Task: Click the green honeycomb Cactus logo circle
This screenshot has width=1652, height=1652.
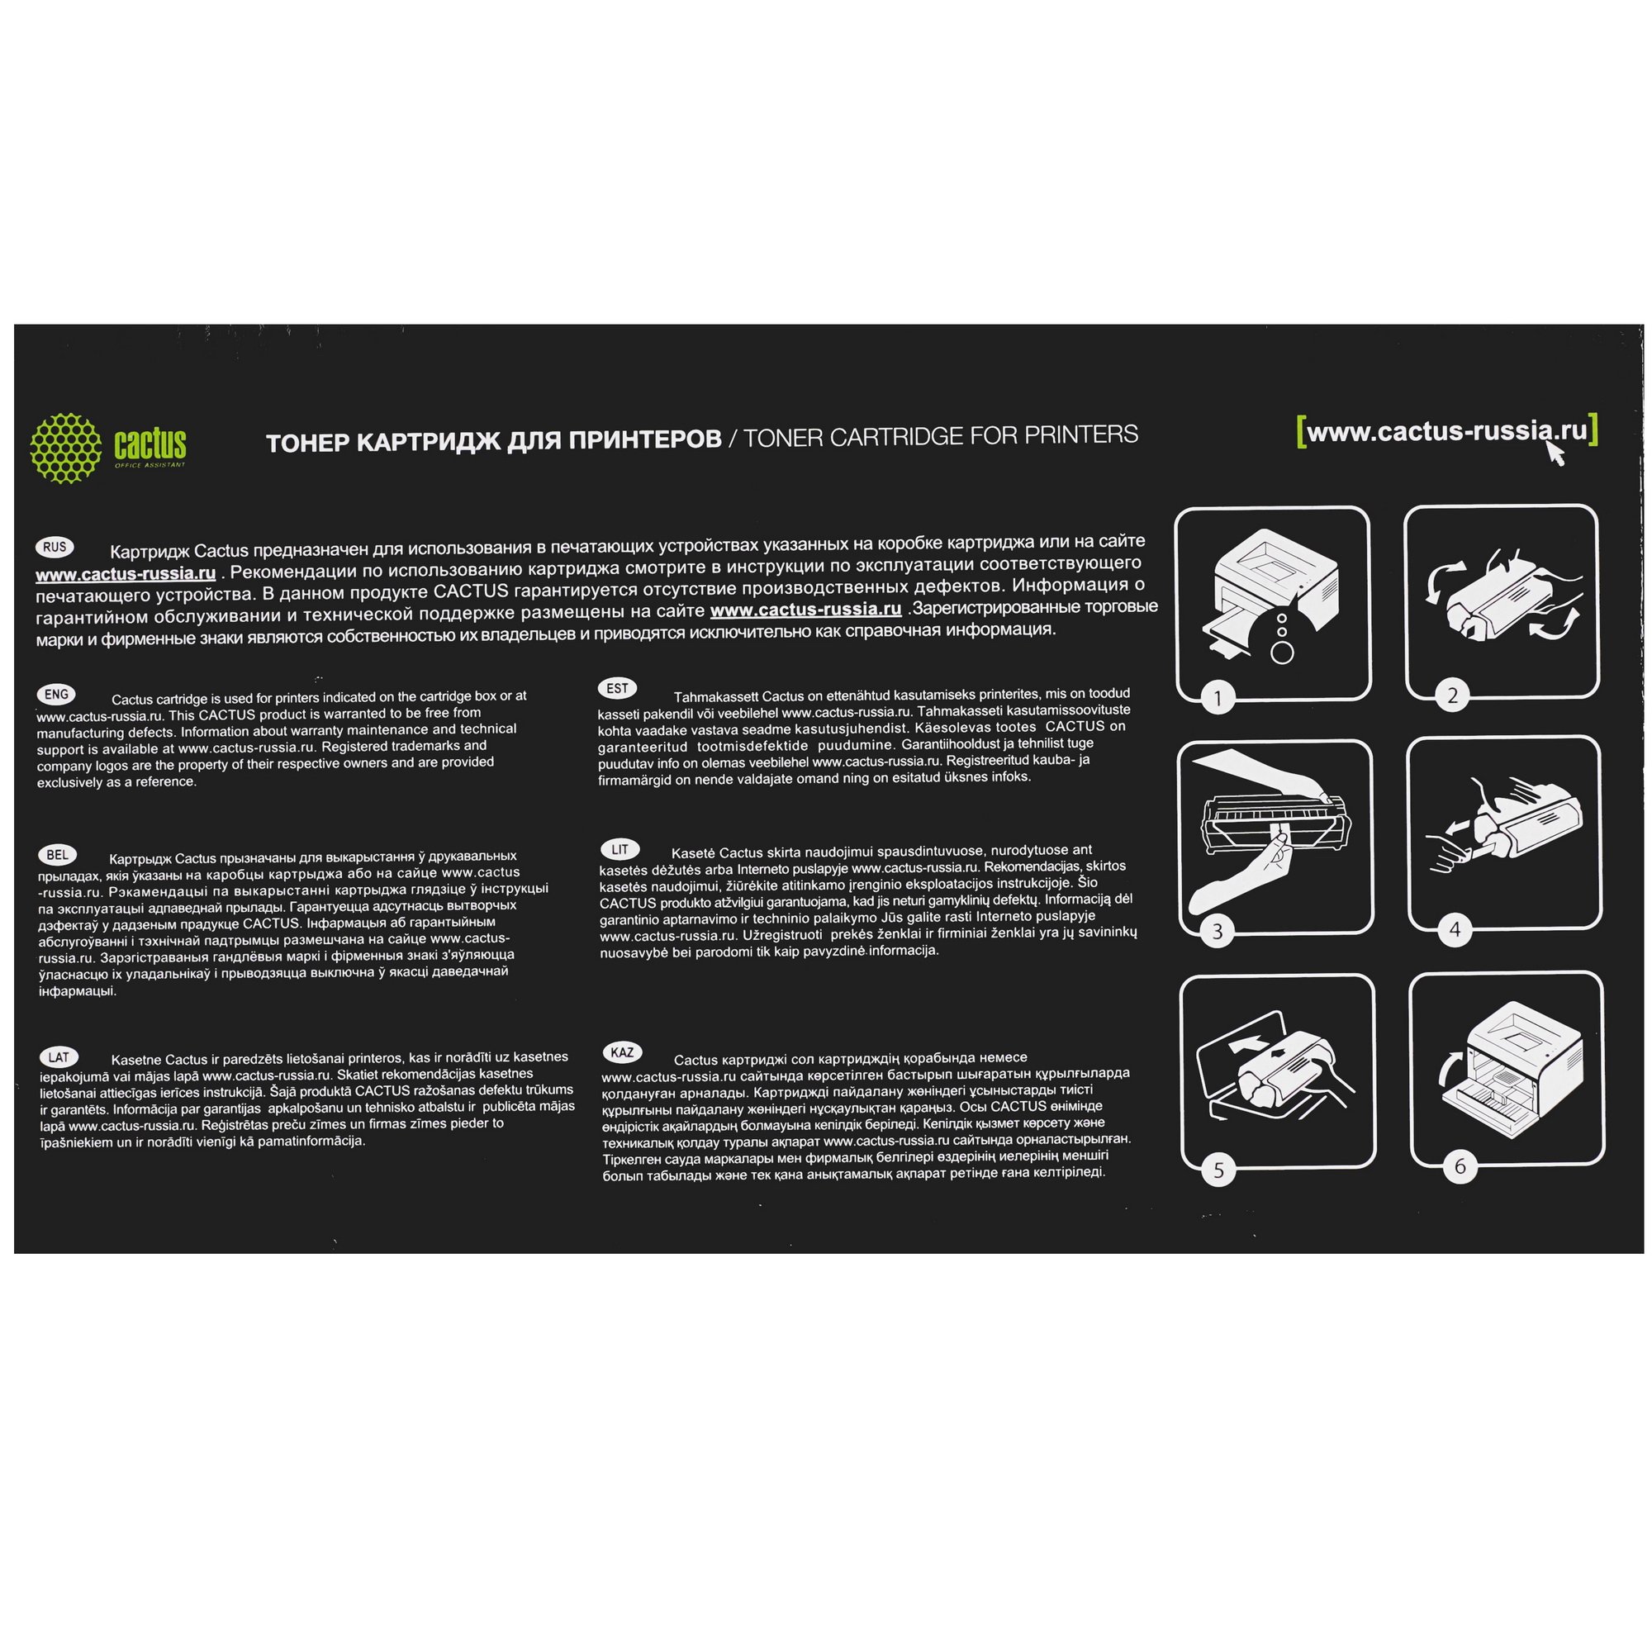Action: tap(66, 448)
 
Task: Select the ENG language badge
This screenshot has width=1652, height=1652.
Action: tap(56, 695)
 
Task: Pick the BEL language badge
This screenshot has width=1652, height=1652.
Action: tap(57, 855)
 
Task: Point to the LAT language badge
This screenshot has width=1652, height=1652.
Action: tap(59, 1057)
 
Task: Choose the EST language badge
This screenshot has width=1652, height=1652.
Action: tap(617, 688)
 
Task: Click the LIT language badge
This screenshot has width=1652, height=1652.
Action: tap(620, 849)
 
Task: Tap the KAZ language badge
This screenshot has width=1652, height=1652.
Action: tap(622, 1052)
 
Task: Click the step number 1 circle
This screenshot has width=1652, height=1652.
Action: tap(1218, 699)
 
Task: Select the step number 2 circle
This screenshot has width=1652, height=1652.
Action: tap(1452, 695)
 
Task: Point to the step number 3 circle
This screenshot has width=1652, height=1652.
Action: tap(1218, 931)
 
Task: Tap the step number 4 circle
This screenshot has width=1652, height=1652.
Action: tap(1455, 929)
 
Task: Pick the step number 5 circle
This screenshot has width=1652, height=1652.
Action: tap(1219, 1170)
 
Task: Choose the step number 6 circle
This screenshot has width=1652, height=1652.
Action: tap(1460, 1165)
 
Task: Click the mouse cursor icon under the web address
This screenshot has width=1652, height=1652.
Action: tap(1555, 453)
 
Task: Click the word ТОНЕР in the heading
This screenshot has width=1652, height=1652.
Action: tap(306, 443)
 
